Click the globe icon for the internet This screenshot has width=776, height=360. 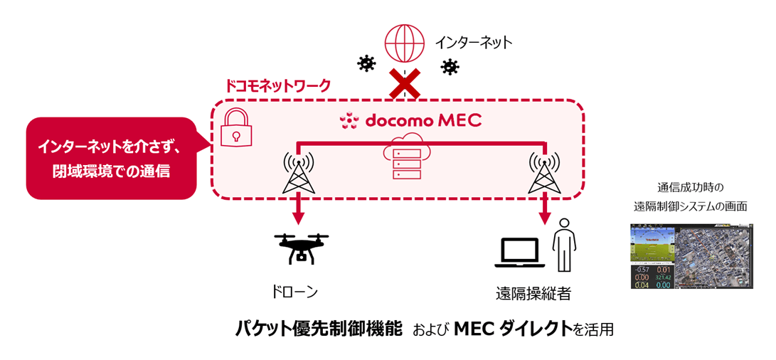coord(403,43)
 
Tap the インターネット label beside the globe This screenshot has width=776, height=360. coord(473,43)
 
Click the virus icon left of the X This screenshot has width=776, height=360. coord(366,64)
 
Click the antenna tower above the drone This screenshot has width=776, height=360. coord(298,172)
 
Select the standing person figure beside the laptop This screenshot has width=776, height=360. coord(564,245)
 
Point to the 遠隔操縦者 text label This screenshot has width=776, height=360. coord(533,292)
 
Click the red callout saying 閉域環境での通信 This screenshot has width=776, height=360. coord(111,158)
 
